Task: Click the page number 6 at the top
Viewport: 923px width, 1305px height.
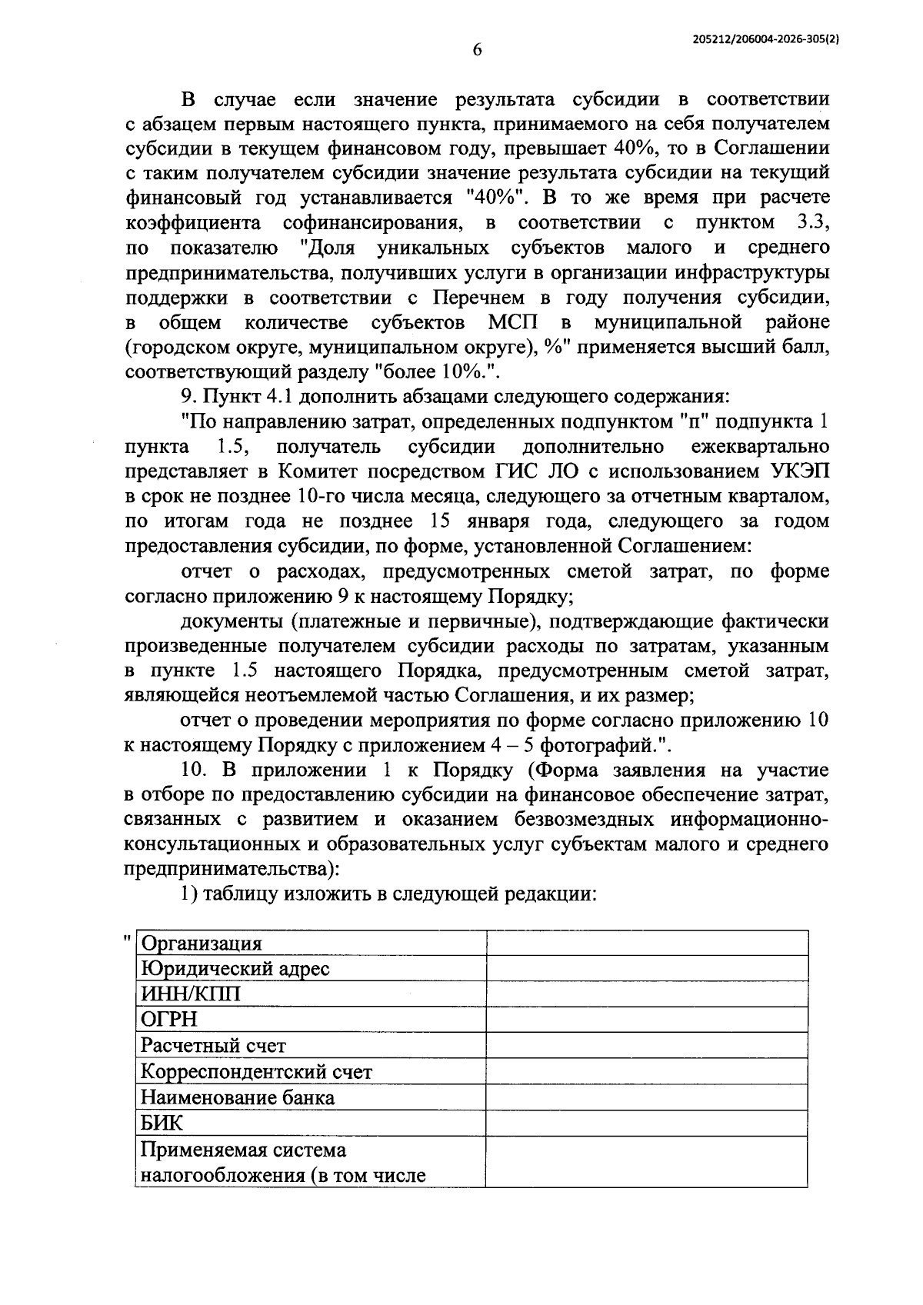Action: (477, 50)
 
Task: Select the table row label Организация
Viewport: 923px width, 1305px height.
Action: (202, 944)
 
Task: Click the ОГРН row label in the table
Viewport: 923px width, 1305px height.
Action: (169, 1020)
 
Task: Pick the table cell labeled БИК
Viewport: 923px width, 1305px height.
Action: (162, 1123)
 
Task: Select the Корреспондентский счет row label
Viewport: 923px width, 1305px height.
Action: (256, 1071)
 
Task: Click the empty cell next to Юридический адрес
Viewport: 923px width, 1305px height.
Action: (647, 968)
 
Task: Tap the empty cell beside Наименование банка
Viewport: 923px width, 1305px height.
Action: (647, 1097)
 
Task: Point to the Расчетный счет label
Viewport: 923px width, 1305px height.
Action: (213, 1046)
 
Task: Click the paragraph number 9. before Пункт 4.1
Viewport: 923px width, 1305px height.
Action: (188, 397)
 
